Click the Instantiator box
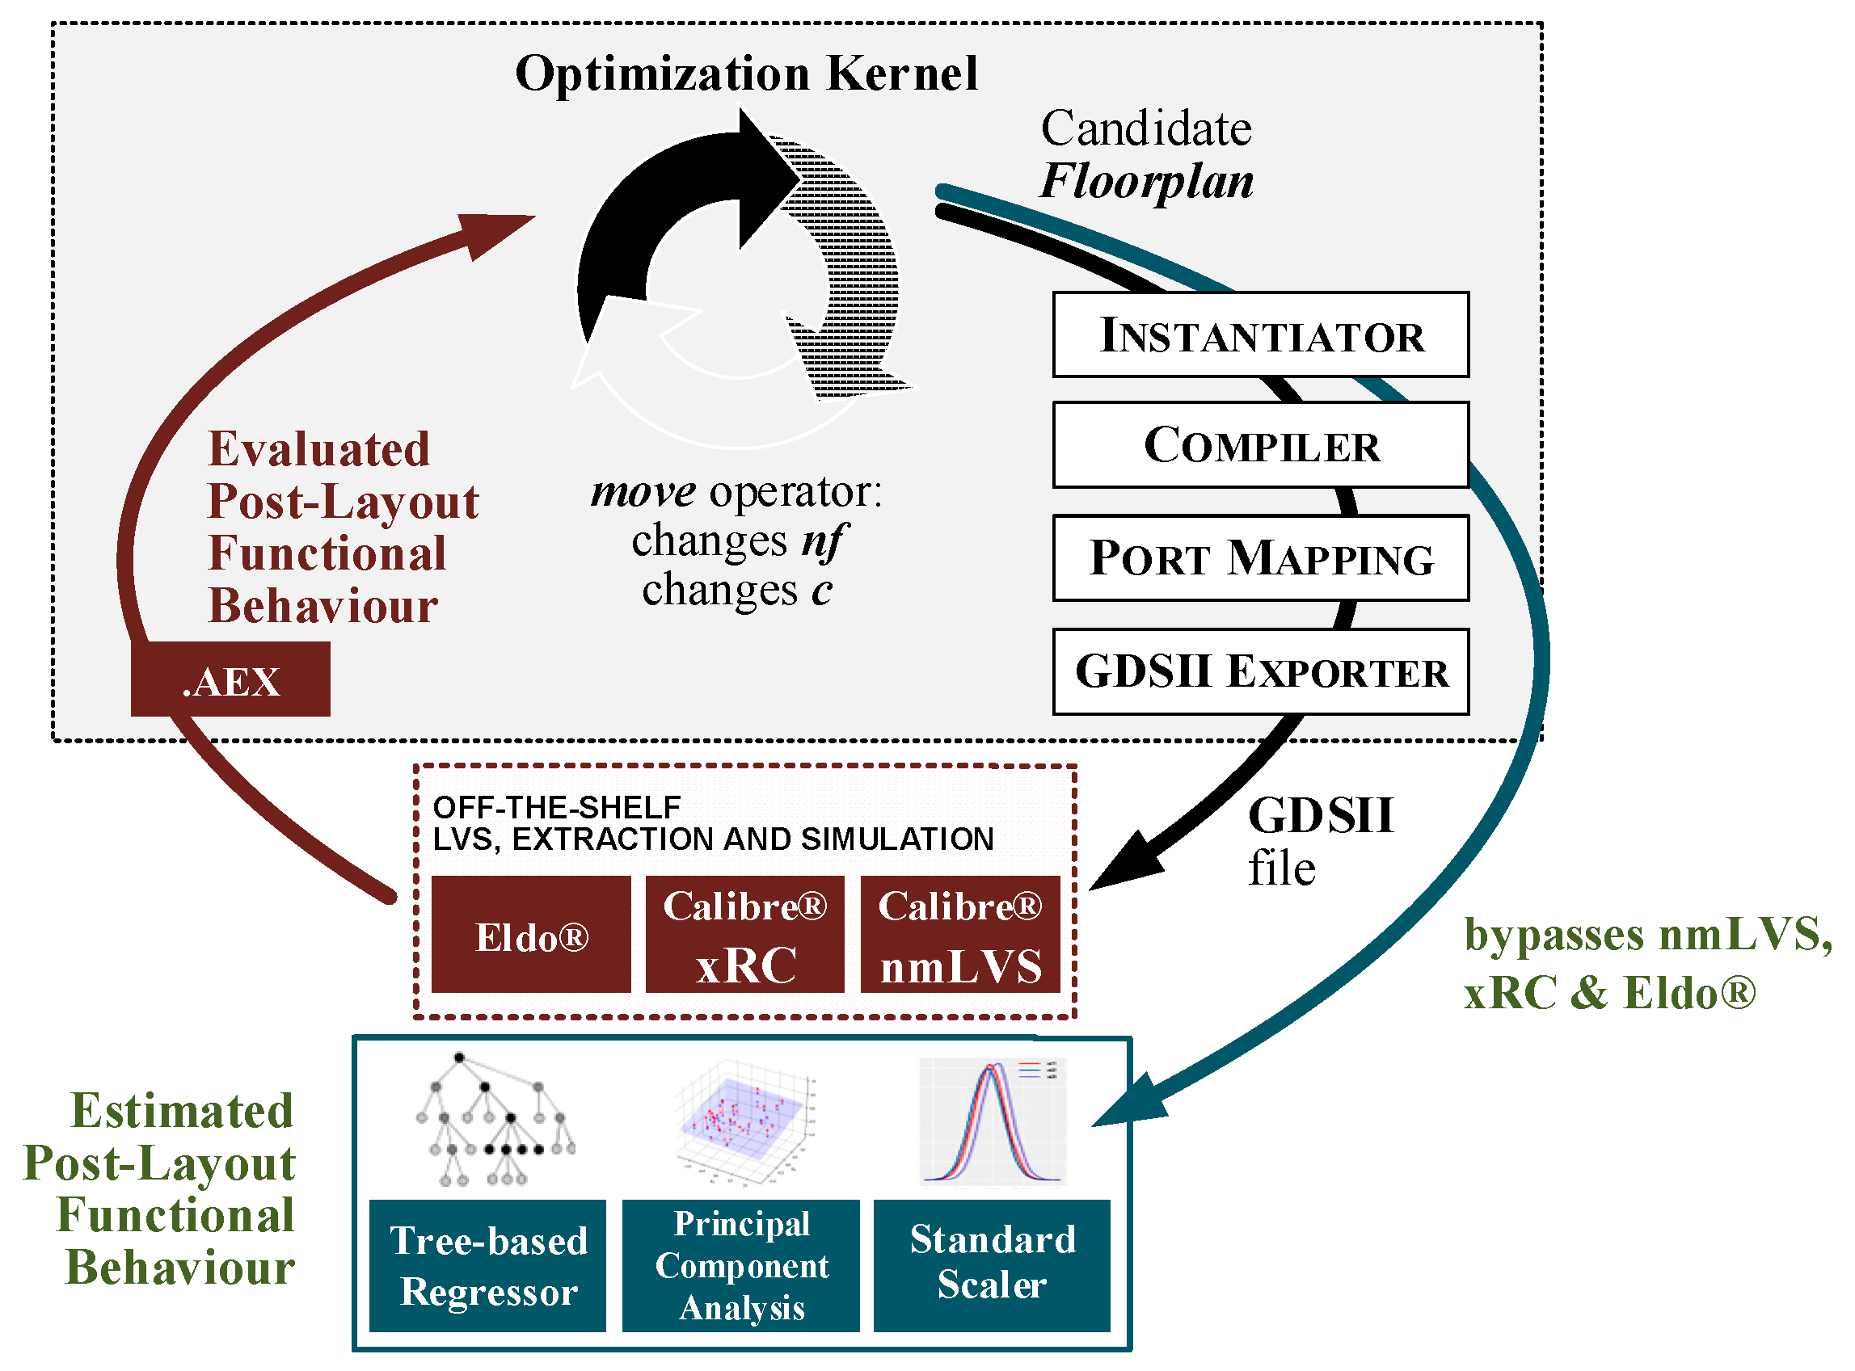tap(1260, 335)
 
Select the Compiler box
tap(1260, 446)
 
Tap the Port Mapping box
tap(1260, 558)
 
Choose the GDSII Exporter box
tap(1260, 672)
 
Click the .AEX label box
tap(231, 681)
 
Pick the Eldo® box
tap(531, 936)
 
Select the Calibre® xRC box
tap(744, 936)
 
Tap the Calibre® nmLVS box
tap(960, 936)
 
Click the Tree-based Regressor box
tap(488, 1267)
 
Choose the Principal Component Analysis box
tap(740, 1267)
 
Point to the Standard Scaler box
tap(992, 1267)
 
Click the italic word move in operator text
tap(643, 492)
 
